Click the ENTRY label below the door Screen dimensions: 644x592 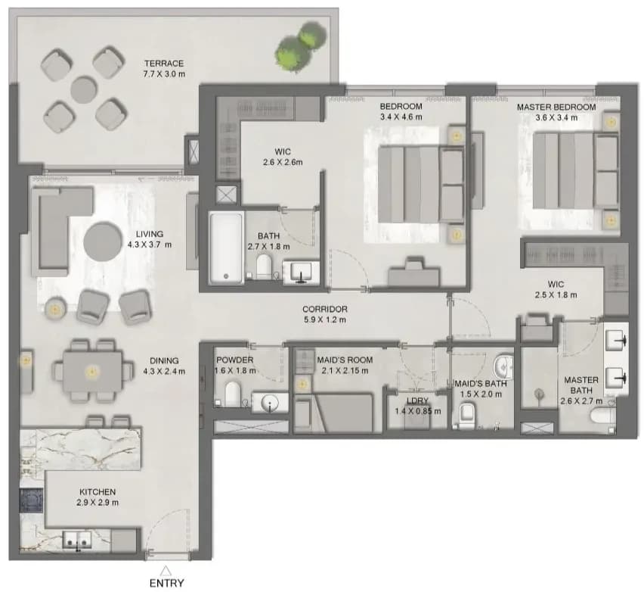[x=166, y=583]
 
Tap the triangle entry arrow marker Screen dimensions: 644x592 [x=166, y=571]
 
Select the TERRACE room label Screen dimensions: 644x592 [x=164, y=64]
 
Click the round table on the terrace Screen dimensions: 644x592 [x=84, y=89]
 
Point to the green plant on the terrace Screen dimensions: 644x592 [x=302, y=45]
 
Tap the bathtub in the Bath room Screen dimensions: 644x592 [x=226, y=248]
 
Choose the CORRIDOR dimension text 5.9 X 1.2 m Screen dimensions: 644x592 [x=325, y=319]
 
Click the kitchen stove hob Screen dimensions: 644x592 [x=32, y=500]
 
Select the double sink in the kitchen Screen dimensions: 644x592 [x=77, y=539]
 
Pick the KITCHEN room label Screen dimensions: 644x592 [x=98, y=491]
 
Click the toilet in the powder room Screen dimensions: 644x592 [x=233, y=394]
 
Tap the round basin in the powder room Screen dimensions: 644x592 [x=269, y=402]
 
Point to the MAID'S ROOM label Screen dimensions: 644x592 [x=345, y=360]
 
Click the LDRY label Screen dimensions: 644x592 [x=418, y=400]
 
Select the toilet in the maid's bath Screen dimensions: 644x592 [x=466, y=415]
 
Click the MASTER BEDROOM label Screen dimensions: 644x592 [x=556, y=107]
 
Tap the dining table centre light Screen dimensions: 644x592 [x=92, y=372]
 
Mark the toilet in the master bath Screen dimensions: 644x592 [x=602, y=416]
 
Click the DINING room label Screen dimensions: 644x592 [x=164, y=360]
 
